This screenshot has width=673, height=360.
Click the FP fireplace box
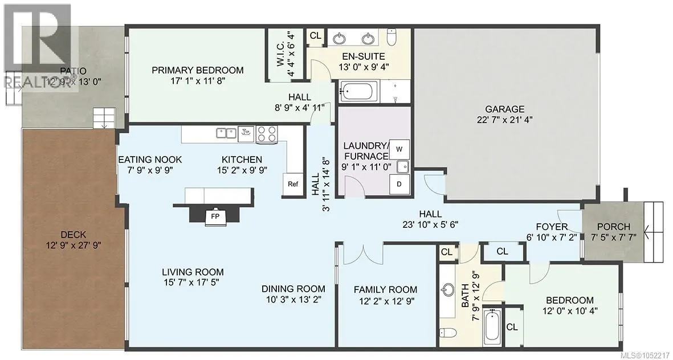[215, 216]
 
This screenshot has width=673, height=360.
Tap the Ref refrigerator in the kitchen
[293, 184]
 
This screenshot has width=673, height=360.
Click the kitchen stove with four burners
[267, 134]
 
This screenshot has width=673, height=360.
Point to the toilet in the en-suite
[392, 36]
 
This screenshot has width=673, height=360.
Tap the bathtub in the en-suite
[358, 91]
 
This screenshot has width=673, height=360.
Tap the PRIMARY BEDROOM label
[197, 70]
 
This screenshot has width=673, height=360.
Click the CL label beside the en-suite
[316, 36]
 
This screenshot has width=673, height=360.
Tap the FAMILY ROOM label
[385, 290]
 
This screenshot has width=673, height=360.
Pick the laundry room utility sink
[402, 166]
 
